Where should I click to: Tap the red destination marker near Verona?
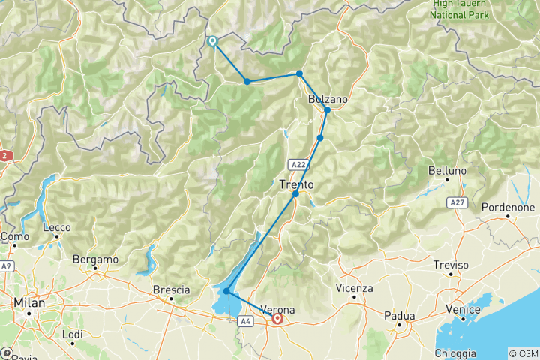(x=278, y=319)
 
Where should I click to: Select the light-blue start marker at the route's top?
(x=212, y=42)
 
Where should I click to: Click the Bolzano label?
(x=328, y=99)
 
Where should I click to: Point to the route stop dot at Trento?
(x=295, y=194)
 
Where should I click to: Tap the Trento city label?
(x=296, y=184)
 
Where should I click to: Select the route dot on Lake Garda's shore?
(x=226, y=291)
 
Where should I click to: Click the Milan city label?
(x=29, y=302)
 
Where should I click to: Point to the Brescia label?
(x=171, y=289)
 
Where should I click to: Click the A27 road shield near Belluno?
(x=456, y=202)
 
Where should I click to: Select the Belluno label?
(x=448, y=171)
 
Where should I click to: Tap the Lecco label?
(x=57, y=227)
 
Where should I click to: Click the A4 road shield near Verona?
(x=245, y=320)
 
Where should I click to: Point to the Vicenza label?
(x=355, y=288)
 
